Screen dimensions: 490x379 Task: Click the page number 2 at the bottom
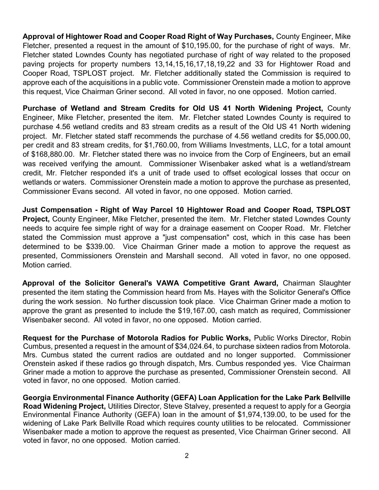[x=187, y=456]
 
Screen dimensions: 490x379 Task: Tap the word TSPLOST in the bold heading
[x=334, y=210]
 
